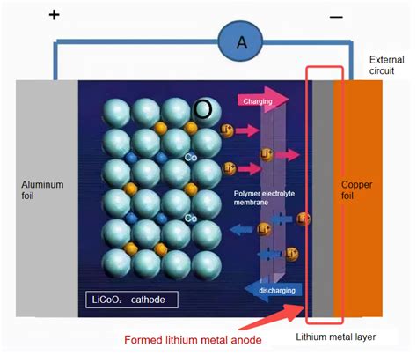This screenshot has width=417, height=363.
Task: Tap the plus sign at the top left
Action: pos(55,15)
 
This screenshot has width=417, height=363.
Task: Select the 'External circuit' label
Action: pos(388,63)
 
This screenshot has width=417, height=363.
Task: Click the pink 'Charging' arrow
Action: pos(261,100)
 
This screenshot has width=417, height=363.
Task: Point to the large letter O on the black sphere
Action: pos(203,109)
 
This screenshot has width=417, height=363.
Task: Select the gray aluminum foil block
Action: pos(44,247)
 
